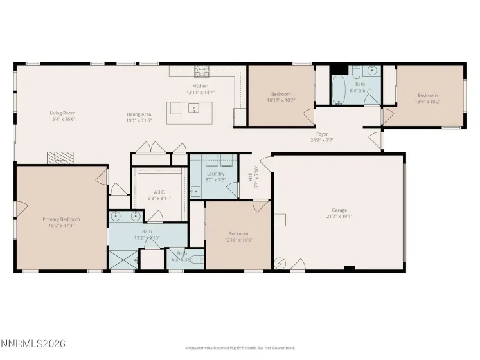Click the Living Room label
click(58, 113)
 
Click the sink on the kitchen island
click(193, 109)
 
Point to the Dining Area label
click(139, 114)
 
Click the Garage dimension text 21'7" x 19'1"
click(339, 217)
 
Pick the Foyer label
click(319, 134)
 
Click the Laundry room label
click(215, 174)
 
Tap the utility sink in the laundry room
click(195, 191)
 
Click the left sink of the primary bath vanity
click(116, 216)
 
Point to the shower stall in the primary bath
click(123, 260)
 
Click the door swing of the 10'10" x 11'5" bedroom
click(260, 206)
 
